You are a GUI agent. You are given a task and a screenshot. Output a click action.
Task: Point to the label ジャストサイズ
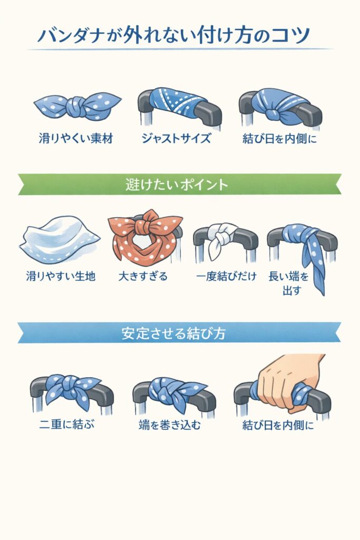tap(176, 139)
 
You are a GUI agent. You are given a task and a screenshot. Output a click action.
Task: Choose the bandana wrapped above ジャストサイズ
tap(176, 102)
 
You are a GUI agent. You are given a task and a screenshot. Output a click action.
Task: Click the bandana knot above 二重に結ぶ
tap(71, 389)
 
